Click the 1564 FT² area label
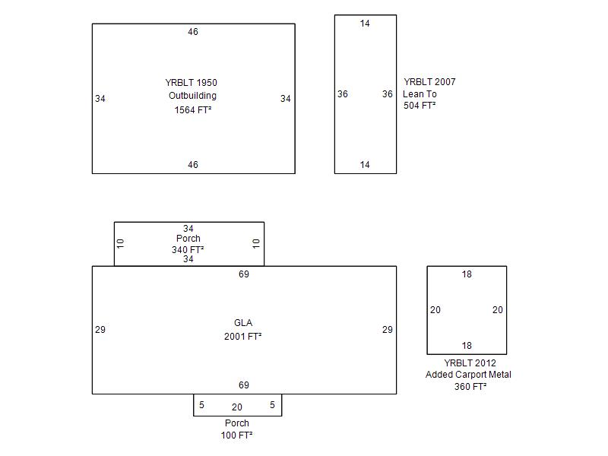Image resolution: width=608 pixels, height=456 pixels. point(192,109)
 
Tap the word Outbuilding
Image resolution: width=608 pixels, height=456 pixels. point(192,96)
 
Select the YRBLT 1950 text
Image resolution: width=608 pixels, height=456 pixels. point(192,83)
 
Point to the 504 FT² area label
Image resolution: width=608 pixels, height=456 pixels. point(420,106)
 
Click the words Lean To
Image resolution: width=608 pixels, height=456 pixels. point(420,94)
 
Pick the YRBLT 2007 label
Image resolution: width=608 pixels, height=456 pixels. point(429,82)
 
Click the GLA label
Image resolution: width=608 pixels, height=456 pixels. point(243,323)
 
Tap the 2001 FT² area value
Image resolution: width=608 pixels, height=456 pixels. point(243,336)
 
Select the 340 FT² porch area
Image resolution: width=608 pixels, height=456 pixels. point(188,249)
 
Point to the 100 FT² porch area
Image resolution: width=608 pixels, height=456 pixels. point(237,435)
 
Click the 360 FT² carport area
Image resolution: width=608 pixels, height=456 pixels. point(470,387)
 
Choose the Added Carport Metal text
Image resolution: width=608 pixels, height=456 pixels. point(468,375)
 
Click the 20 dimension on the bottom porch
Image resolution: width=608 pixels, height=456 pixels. point(237,407)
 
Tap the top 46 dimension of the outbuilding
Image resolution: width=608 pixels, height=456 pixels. point(193,32)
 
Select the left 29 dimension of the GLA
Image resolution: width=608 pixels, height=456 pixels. point(100,330)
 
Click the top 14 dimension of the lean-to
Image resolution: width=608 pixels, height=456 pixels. point(365,24)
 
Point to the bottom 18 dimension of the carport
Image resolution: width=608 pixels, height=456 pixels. point(467,346)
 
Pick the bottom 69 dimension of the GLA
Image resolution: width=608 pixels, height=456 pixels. point(243,385)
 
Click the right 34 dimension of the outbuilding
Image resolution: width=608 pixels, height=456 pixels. point(285,99)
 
